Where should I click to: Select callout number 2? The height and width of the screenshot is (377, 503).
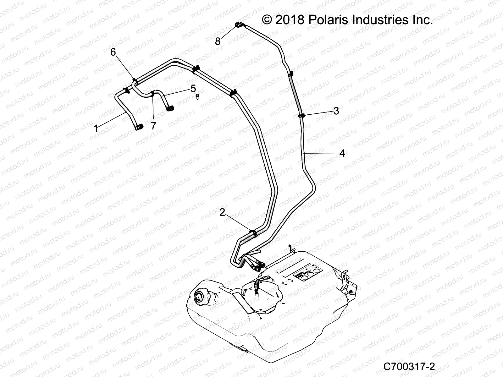[x=222, y=213]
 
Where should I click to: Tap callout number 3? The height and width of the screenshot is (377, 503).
[x=336, y=111]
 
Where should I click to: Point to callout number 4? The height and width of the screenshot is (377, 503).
[x=342, y=153]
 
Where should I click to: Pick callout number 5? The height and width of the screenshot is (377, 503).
[x=193, y=88]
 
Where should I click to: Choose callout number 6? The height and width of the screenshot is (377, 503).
[x=113, y=52]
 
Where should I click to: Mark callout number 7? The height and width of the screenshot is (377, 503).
[x=153, y=126]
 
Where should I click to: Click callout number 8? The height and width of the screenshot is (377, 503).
[x=218, y=41]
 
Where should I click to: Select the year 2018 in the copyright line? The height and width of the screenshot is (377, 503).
[x=289, y=20]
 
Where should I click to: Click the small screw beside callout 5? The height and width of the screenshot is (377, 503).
[x=197, y=96]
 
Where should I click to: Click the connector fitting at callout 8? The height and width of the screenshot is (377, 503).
[x=239, y=25]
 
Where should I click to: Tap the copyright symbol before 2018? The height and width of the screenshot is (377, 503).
[x=267, y=20]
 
